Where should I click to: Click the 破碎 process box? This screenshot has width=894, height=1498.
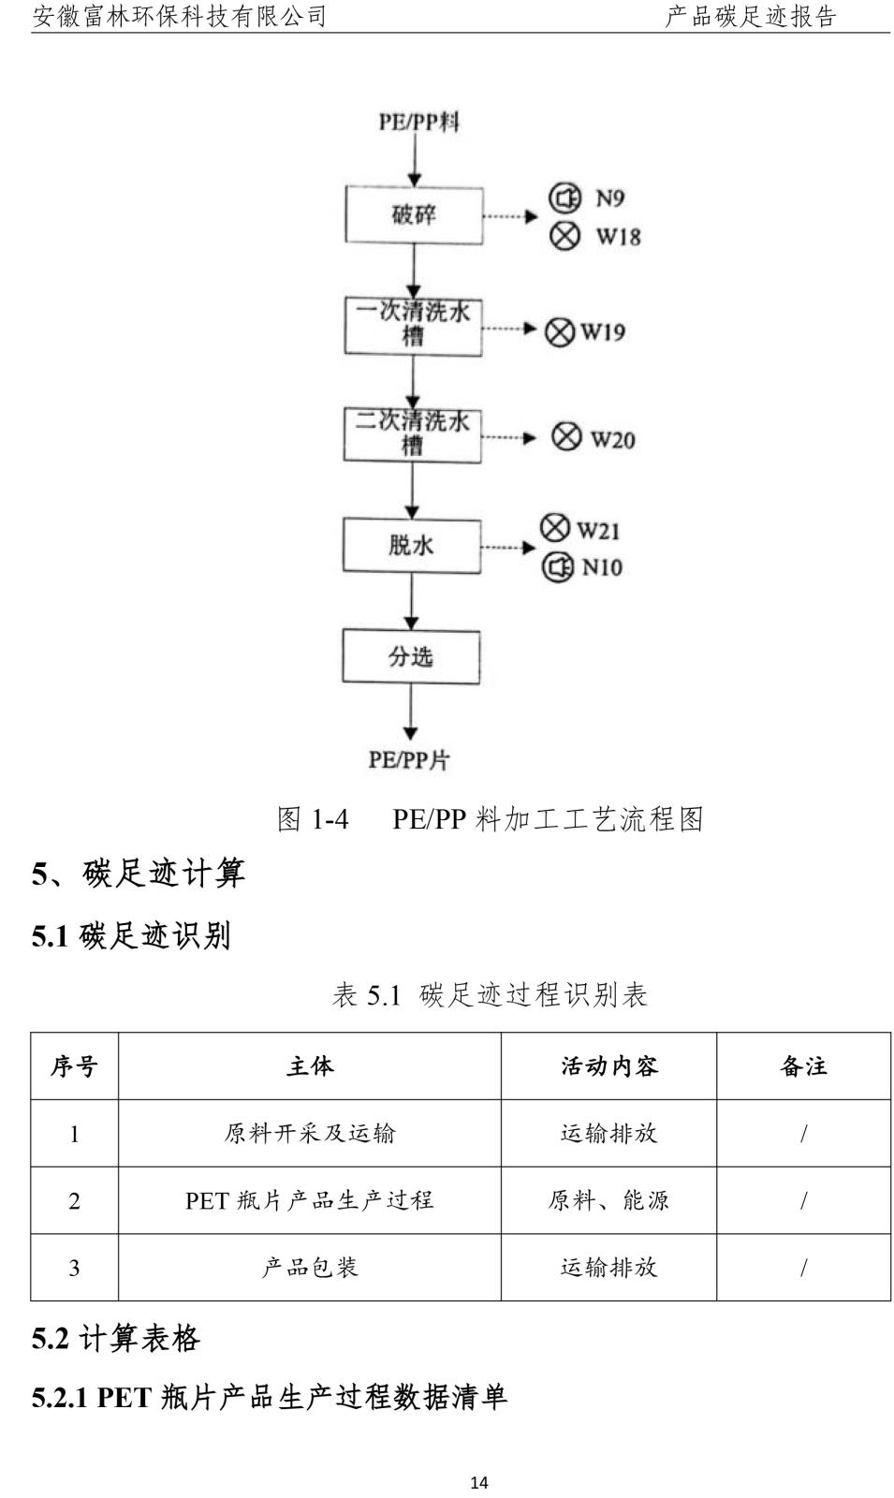coord(414,214)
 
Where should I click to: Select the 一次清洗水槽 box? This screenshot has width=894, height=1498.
coord(413,326)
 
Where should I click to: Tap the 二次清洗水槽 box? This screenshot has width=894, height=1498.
coord(413,435)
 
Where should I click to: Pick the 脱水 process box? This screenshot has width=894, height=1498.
coord(412,546)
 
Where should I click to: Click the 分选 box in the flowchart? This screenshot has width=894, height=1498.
coord(411,656)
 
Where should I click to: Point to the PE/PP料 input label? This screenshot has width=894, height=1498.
coord(419,122)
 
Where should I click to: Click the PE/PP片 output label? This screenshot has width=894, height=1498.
coord(409,759)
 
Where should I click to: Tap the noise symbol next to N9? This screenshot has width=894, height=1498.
coord(565,198)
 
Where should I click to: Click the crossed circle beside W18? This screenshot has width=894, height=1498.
coord(565,235)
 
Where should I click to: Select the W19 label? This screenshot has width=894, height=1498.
coord(603,331)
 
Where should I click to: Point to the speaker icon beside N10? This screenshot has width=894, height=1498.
coord(557,567)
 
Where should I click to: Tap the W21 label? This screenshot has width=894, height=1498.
coord(598,530)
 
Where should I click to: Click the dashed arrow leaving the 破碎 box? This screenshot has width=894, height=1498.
coord(510,216)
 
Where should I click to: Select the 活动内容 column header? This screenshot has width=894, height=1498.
coord(609,1066)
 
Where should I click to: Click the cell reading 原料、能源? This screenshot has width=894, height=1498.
coord(608,1200)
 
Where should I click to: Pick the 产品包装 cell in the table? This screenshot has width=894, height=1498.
coord(310,1268)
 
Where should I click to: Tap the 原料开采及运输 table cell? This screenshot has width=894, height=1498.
coord(310,1133)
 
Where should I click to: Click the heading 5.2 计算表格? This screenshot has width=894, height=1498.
coord(116,1339)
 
